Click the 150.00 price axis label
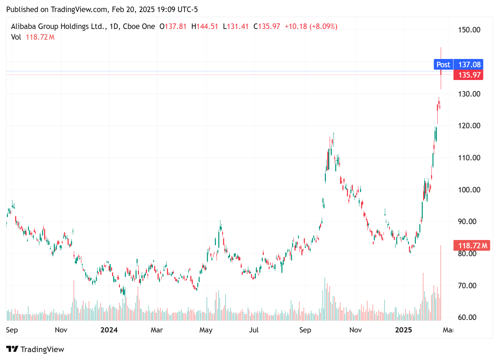tap(469, 30)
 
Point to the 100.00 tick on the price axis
tap(469, 190)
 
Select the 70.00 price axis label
tap(467, 286)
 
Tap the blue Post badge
tap(443, 64)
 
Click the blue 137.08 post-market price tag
tap(469, 64)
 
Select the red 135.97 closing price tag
tap(469, 75)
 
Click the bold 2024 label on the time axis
tap(109, 330)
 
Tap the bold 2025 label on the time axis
tap(403, 330)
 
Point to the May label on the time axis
tap(206, 330)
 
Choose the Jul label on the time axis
tap(254, 330)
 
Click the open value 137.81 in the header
tap(176, 27)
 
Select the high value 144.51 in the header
tap(207, 27)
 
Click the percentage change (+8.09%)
tap(323, 27)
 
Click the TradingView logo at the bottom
tap(35, 349)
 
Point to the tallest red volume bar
tap(441, 283)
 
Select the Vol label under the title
tap(16, 37)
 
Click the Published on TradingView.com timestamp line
tap(102, 9)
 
